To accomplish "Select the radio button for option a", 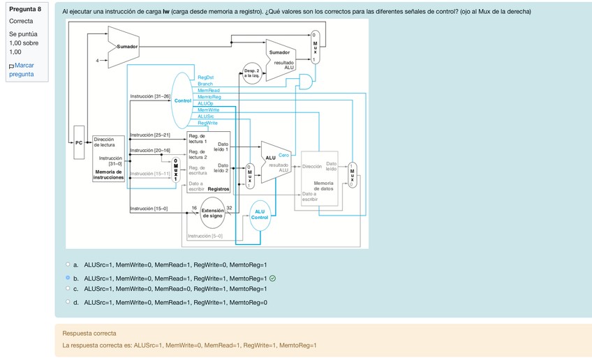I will point(68,264).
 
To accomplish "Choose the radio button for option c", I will point(68,288).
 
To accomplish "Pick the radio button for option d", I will point(68,302).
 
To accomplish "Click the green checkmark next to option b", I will point(272,278).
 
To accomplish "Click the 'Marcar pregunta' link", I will point(22,70).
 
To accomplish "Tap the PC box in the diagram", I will point(79,142).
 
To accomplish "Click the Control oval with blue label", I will point(183,101).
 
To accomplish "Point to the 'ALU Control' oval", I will point(260,214).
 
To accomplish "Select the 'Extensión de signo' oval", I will point(212,213).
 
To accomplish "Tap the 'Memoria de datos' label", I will point(323,186).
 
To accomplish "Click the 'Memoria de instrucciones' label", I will point(108,174).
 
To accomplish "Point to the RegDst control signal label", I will point(206,78).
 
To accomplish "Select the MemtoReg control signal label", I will point(209,97).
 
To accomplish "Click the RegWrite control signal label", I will point(207,123).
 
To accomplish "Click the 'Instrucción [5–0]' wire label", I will point(205,237).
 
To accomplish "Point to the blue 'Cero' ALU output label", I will point(283,155).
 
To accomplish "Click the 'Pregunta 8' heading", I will point(25,9).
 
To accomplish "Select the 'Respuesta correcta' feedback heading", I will point(89,333).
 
